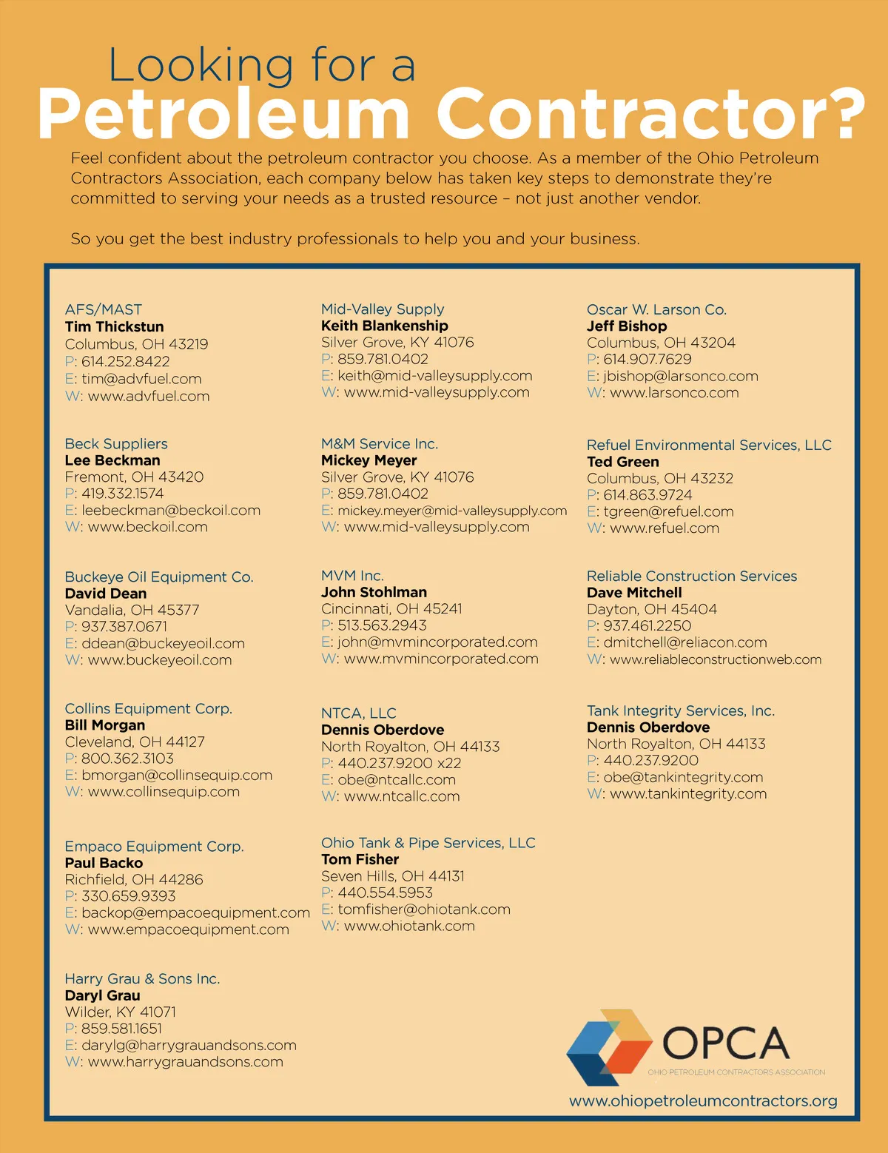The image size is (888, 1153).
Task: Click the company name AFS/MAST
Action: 103,309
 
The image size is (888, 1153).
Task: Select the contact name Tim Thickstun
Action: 114,326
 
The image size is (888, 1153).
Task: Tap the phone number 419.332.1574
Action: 122,494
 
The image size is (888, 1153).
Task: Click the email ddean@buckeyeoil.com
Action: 163,643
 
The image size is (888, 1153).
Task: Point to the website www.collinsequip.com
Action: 164,791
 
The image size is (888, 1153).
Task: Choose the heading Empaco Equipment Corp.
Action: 154,846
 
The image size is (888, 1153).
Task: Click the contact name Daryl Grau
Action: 102,995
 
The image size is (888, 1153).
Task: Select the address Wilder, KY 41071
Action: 120,1012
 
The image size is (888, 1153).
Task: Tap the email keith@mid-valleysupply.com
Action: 434,375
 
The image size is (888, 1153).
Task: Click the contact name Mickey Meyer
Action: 369,460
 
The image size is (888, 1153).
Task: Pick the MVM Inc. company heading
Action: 352,575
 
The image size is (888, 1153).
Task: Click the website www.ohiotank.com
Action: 409,926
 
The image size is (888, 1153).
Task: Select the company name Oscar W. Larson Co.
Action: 656,309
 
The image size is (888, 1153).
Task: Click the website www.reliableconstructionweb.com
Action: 715,659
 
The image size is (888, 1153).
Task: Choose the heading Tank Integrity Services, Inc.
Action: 680,710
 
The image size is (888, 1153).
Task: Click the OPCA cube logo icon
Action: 608,1047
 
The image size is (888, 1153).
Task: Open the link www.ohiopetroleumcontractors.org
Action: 703,1100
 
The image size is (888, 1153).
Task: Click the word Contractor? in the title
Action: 650,113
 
